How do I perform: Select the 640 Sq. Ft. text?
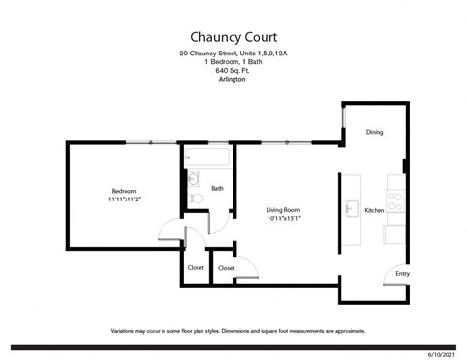click(x=233, y=70)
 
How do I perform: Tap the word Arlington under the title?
click(x=233, y=79)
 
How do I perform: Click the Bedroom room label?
click(x=124, y=191)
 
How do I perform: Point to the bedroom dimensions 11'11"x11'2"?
click(x=124, y=199)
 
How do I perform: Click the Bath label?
click(x=218, y=189)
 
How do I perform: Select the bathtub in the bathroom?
click(x=206, y=157)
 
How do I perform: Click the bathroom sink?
click(x=193, y=178)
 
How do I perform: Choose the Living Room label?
click(x=283, y=210)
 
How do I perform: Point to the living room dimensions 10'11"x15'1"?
click(x=283, y=219)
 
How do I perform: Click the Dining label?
click(x=375, y=132)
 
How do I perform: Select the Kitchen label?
click(x=375, y=210)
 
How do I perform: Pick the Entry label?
click(x=402, y=274)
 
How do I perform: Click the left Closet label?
click(x=195, y=267)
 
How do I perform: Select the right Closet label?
click(x=226, y=267)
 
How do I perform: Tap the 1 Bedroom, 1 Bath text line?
click(x=233, y=61)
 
